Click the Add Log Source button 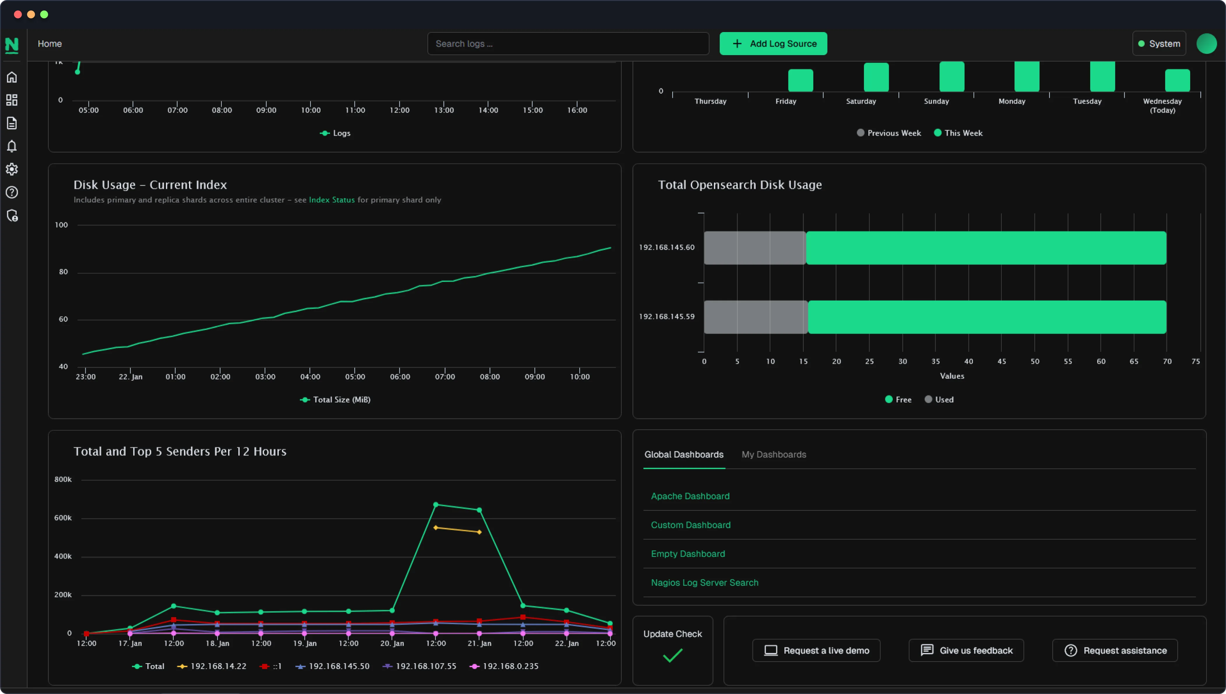coord(773,43)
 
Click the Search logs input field coord(567,43)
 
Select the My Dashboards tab coord(773,454)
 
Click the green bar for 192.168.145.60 coord(986,248)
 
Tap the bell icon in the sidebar coord(12,146)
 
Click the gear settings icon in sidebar coord(12,169)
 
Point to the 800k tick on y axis coord(63,479)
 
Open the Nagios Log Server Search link coord(704,582)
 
